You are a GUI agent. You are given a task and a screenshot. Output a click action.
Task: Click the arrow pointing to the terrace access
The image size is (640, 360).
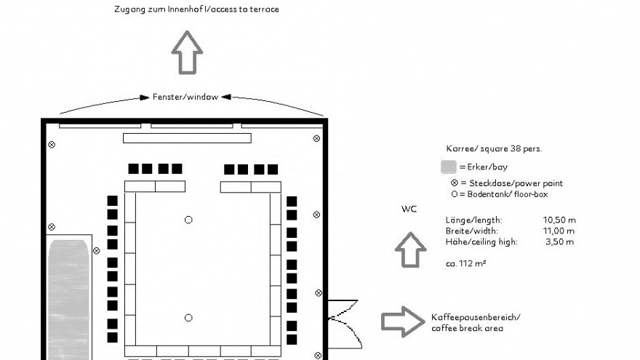[187, 52]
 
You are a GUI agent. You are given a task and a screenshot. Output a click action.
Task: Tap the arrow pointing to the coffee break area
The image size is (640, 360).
[403, 322]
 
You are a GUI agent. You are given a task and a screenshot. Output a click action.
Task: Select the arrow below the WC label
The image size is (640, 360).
[411, 250]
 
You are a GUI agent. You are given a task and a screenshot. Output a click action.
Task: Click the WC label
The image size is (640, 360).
[409, 209]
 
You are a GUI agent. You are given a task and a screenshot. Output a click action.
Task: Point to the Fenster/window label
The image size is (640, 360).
[185, 97]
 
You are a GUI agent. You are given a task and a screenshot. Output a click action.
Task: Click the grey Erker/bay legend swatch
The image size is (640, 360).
[449, 167]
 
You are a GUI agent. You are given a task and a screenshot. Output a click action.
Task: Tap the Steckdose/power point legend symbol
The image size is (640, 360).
[455, 183]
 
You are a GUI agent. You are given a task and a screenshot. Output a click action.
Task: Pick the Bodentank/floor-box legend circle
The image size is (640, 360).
[455, 194]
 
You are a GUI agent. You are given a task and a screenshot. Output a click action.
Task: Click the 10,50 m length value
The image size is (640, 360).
[559, 220]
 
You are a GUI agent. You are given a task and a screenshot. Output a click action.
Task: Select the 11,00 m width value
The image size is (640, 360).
[559, 231]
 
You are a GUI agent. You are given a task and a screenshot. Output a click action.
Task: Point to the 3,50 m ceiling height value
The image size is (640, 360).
[559, 241]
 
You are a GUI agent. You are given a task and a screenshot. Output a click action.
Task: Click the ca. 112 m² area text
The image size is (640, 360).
[465, 263]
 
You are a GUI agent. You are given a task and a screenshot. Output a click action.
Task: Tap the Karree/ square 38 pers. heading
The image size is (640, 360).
[494, 148]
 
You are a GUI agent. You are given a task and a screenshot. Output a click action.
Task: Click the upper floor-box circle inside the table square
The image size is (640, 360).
[188, 220]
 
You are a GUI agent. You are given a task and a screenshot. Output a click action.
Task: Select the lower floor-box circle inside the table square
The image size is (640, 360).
[188, 318]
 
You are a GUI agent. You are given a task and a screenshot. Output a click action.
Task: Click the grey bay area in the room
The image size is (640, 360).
[68, 300]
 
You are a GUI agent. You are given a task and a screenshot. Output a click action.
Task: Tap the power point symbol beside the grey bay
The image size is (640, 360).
[96, 251]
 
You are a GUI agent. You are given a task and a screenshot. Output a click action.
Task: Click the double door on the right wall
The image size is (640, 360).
[344, 324]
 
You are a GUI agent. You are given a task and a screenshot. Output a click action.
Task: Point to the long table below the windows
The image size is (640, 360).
[187, 138]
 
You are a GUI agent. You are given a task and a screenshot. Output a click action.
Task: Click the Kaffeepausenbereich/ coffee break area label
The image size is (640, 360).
[476, 323]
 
